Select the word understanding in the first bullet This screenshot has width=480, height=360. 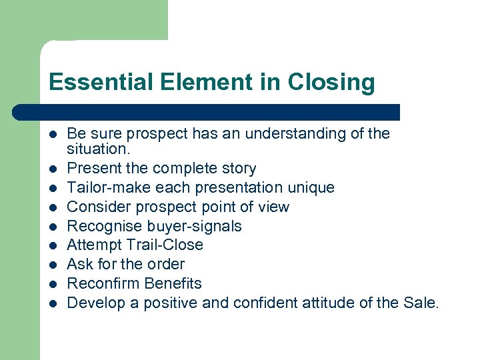(297, 133)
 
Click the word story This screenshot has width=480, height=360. (239, 169)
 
